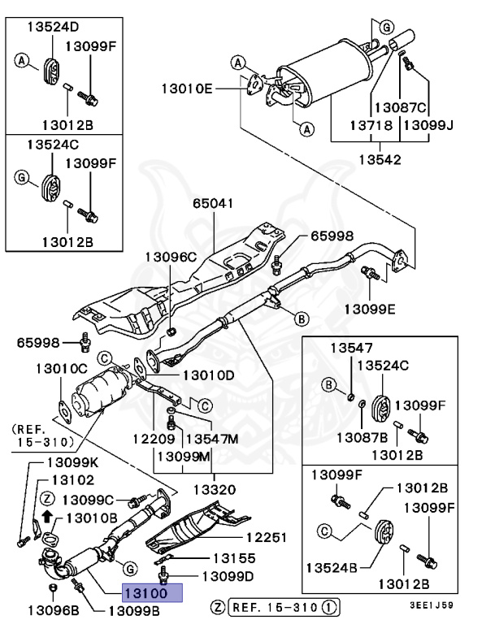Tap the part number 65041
click(213, 203)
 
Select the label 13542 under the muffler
click(380, 159)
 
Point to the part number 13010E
click(187, 89)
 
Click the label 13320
click(215, 489)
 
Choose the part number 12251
click(266, 538)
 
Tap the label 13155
click(234, 558)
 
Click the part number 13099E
click(370, 310)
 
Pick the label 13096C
click(171, 257)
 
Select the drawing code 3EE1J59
click(432, 605)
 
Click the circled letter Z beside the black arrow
click(47, 498)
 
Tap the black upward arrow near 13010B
click(47, 516)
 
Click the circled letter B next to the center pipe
click(302, 318)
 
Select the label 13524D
click(53, 27)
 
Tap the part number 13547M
click(212, 439)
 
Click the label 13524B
click(332, 567)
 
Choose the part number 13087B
click(362, 438)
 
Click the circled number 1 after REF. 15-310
click(329, 607)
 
